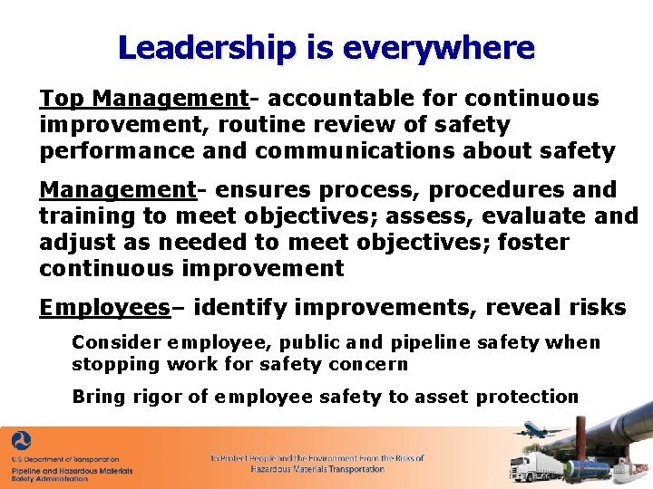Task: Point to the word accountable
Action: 333,98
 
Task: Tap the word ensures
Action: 254,190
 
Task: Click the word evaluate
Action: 529,216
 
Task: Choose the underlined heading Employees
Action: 104,308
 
